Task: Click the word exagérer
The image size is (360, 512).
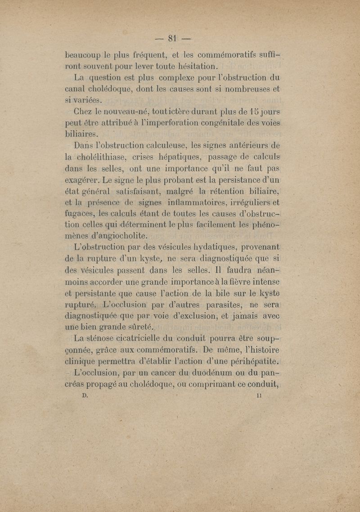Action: pyautogui.click(x=83, y=180)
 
